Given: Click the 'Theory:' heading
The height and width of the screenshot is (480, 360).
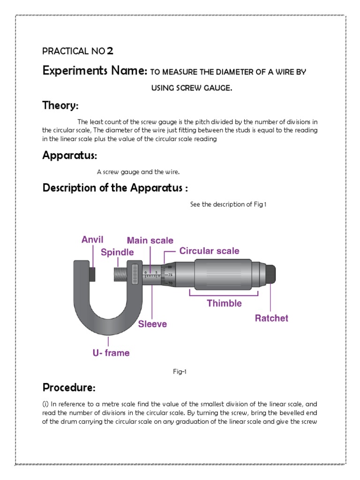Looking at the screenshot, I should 60,105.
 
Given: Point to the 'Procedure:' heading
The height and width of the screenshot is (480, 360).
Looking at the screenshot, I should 69,388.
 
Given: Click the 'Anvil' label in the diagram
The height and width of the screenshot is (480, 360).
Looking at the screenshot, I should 92,240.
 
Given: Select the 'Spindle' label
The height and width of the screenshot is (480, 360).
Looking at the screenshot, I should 117,252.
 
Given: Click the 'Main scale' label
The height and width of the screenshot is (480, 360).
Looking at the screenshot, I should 150,240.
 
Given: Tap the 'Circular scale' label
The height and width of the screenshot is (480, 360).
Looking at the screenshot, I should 209,251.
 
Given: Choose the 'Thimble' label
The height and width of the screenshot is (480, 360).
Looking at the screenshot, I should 225,303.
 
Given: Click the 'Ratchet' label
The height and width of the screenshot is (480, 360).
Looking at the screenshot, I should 271,318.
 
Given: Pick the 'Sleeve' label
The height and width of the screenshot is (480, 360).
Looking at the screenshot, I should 152,324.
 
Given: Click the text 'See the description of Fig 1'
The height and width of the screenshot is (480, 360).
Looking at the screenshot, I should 228,204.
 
